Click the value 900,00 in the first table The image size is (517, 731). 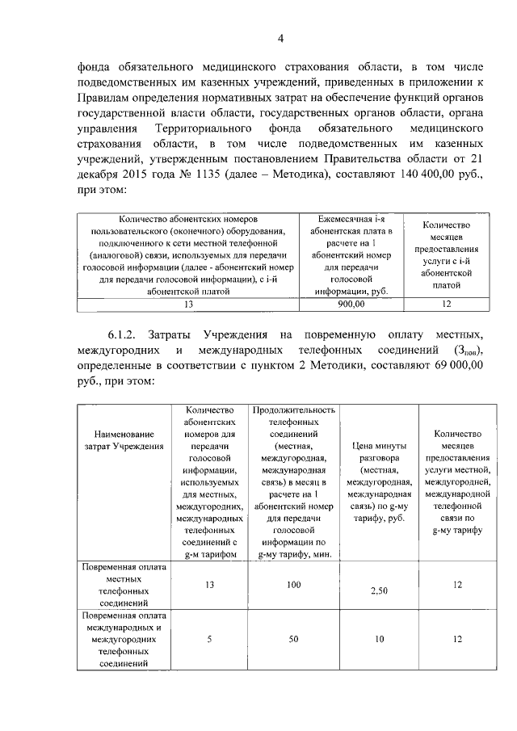coord(351,304)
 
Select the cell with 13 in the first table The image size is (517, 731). coord(189,304)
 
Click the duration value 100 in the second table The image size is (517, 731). coord(295,583)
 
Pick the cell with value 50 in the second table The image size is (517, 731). coord(295,638)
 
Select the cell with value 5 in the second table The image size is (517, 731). coord(209,638)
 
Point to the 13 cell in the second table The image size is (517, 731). coord(209,583)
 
